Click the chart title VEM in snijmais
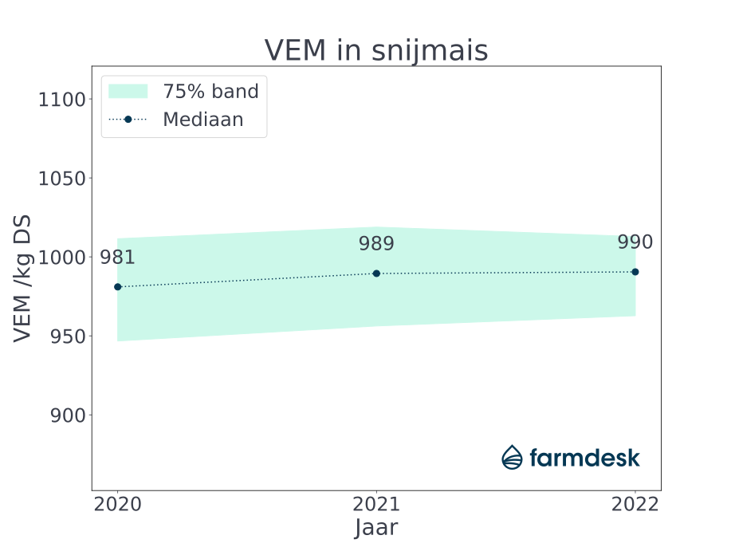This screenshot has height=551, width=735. pos(376,50)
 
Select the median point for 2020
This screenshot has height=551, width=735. pos(118,286)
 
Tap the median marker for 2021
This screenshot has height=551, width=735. pos(376,274)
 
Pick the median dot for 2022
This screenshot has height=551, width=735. pos(635,272)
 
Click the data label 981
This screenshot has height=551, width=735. pos(117,258)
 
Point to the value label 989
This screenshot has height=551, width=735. pos(376,244)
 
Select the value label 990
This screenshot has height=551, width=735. pos(635,242)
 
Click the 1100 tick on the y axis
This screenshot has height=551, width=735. pos(61,100)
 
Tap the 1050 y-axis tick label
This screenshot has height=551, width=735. pos(61,179)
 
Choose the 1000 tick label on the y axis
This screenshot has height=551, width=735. pos(61,258)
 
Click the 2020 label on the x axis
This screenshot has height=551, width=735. pos(118,505)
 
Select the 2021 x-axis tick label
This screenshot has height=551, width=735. pos(376,505)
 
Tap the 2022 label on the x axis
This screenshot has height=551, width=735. pos(635,505)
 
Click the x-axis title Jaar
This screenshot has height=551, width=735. pos(376,528)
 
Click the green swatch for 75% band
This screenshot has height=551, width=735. pos(128,91)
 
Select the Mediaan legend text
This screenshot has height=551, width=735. pos(202,120)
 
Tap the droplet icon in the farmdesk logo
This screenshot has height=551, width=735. pos(512,457)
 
